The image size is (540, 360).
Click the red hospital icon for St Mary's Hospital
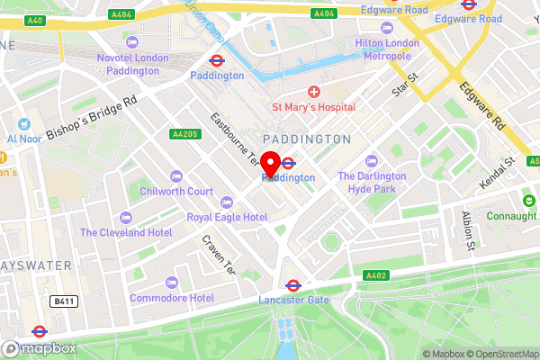pyautogui.click(x=314, y=92)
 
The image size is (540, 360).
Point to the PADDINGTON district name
pyautogui.click(x=307, y=139)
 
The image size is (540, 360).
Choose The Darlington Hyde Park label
pyautogui.click(x=372, y=183)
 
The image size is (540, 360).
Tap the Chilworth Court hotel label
pyautogui.click(x=176, y=191)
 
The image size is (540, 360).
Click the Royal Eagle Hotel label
pyautogui.click(x=227, y=218)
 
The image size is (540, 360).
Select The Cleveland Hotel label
pyautogui.click(x=126, y=231)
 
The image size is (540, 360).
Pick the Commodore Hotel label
pyautogui.click(x=171, y=298)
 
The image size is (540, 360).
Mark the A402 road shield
pyautogui.click(x=375, y=275)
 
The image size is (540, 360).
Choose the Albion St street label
pyautogui.click(x=467, y=229)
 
